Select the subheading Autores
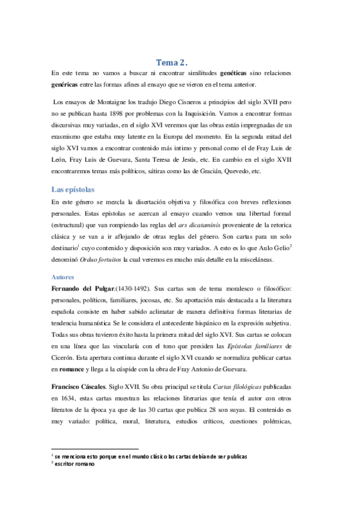(63, 277)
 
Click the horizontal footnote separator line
(96, 448)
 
